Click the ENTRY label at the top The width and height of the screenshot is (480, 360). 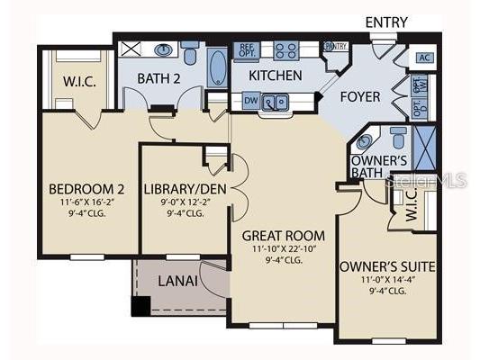pos(385,22)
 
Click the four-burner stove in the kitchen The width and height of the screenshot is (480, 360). pos(285,50)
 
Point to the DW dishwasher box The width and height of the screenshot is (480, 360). pos(249,101)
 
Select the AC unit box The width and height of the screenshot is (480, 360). pos(424,56)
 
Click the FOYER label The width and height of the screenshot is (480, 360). pos(360,96)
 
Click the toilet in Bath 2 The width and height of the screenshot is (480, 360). pos(189,50)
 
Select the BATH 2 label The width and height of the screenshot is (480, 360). pos(158,79)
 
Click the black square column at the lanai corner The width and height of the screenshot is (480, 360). pos(140,306)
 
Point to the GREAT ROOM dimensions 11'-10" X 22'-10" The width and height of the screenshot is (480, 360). pos(283,248)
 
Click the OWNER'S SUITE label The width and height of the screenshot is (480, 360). pos(387,265)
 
